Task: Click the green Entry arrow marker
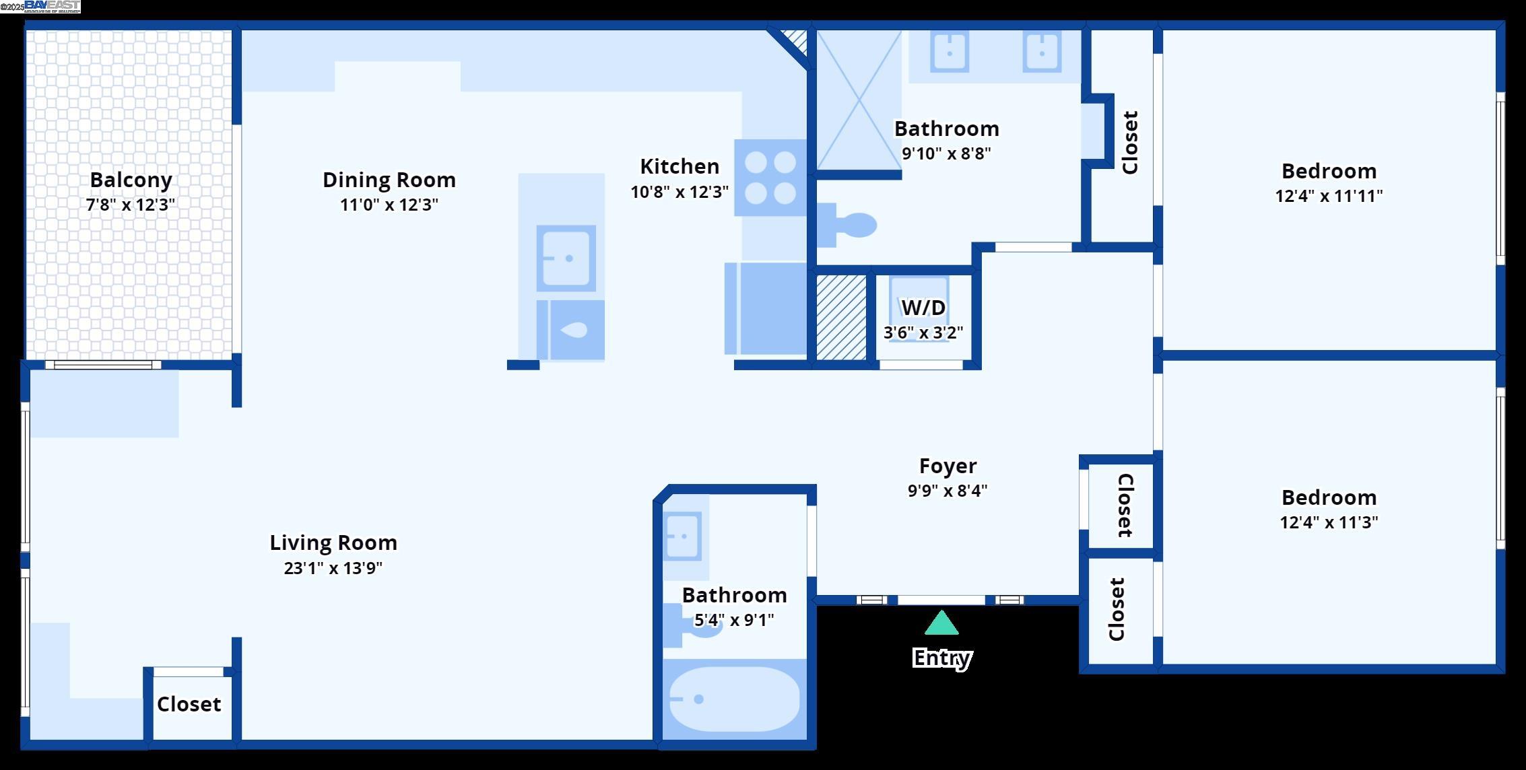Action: (x=941, y=623)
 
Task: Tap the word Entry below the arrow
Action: (x=941, y=658)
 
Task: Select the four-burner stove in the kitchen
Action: (x=770, y=178)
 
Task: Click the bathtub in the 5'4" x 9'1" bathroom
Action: (x=735, y=699)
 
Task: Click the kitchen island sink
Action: (x=566, y=258)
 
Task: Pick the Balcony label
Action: (x=131, y=180)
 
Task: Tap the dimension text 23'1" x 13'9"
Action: (x=333, y=568)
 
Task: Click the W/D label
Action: (x=923, y=308)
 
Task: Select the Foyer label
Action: (x=948, y=466)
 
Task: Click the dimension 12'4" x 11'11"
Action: (x=1328, y=196)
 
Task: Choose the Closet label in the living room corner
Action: (x=189, y=704)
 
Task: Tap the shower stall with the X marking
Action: (x=859, y=101)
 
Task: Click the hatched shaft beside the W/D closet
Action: (x=841, y=317)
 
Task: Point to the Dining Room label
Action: (x=389, y=180)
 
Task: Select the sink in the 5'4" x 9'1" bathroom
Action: (x=683, y=536)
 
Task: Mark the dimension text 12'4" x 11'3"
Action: (x=1328, y=522)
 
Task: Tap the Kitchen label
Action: (x=679, y=166)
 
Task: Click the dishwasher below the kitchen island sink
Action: (x=571, y=330)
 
